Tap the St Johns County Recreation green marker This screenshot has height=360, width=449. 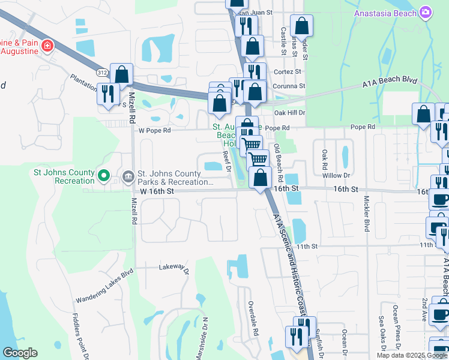click(x=103, y=176)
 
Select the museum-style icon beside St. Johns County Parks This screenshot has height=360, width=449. click(x=128, y=176)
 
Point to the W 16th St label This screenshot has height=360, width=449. click(x=157, y=191)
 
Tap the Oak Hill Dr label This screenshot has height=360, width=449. click(x=289, y=112)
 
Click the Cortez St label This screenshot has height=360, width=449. click(x=287, y=71)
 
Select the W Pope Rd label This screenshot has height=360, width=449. click(x=154, y=130)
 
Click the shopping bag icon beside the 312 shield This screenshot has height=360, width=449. click(x=121, y=75)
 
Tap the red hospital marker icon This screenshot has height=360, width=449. click(x=47, y=45)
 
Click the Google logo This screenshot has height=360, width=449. click(x=20, y=353)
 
